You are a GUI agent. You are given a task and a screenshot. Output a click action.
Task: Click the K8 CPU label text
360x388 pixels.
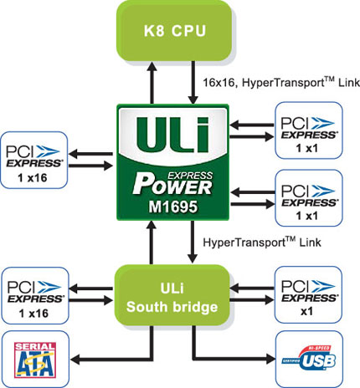tap(175, 31)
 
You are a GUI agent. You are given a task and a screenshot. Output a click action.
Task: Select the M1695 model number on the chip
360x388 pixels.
tap(173, 207)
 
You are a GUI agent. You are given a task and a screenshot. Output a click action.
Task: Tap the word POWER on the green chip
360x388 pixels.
tap(172, 186)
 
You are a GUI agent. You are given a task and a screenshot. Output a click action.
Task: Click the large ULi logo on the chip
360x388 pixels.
tap(172, 135)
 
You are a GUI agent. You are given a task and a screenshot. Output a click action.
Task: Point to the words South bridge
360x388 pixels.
tap(172, 307)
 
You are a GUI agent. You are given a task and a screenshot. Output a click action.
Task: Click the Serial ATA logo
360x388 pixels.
tap(35, 360)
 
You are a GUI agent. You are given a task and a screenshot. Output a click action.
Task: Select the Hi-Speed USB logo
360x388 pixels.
tap(309, 359)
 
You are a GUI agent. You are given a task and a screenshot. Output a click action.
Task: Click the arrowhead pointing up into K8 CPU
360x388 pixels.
tap(152, 67)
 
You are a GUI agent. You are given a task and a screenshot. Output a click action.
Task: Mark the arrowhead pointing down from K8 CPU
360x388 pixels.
tap(193, 99)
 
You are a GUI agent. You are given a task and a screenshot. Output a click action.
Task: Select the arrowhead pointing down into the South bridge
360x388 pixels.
tap(193, 258)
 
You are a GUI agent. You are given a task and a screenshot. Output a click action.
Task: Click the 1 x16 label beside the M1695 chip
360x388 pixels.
tap(33, 178)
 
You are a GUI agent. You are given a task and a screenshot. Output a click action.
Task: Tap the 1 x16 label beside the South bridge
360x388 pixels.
tap(33, 314)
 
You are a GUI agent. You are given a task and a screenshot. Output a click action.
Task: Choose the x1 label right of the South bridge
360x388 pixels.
tap(306, 311)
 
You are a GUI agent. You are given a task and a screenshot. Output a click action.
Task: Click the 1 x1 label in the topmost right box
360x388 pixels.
tap(307, 148)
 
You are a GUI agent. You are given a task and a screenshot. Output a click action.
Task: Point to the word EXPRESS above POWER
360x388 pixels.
tap(190, 176)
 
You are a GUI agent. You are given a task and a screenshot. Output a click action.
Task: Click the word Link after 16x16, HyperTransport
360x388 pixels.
tap(349, 83)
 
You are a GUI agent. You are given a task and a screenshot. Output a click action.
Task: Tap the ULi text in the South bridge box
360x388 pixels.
tap(172, 288)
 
